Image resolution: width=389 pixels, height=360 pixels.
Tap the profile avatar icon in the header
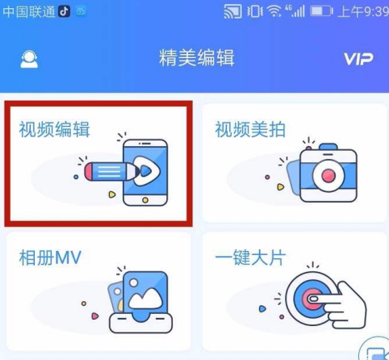coord(29,60)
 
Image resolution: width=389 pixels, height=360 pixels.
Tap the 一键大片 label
coord(250,259)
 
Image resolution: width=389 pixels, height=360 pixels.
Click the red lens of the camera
coord(328,174)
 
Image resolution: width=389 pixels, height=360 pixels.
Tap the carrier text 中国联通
coord(27,10)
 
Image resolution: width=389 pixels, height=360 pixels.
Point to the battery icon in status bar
coord(322,11)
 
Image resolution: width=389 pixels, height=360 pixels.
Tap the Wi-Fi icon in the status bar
coord(276,11)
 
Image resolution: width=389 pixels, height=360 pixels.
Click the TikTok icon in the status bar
coord(64,10)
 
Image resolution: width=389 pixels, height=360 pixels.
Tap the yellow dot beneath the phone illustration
coord(145,199)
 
